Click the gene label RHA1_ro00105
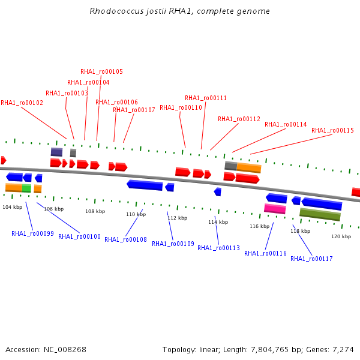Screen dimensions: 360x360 (x=101, y=71)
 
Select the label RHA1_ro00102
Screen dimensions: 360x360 (x=22, y=103)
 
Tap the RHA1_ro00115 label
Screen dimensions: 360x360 (x=332, y=130)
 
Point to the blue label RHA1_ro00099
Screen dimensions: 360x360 (x=32, y=233)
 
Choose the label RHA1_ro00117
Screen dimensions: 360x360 (x=311, y=259)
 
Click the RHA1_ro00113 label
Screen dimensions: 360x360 (x=218, y=248)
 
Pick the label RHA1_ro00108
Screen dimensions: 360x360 (x=125, y=239)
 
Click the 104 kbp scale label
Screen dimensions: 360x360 (x=13, y=207)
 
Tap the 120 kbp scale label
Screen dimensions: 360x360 (x=341, y=236)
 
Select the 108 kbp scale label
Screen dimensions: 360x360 (x=95, y=211)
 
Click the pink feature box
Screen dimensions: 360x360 (x=275, y=209)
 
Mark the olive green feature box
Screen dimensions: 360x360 (x=320, y=214)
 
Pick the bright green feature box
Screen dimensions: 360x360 (x=26, y=188)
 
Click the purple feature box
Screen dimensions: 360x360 (x=56, y=152)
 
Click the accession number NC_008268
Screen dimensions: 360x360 (x=65, y=350)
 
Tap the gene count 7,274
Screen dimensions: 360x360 (x=343, y=350)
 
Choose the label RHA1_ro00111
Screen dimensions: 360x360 (x=206, y=98)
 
